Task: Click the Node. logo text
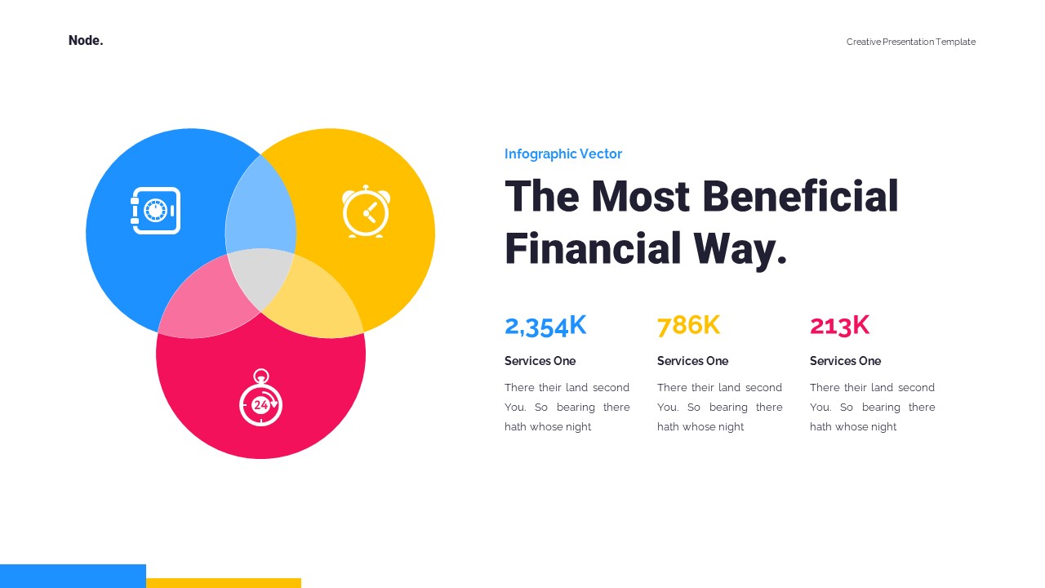click(x=86, y=40)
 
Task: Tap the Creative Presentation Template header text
click(x=910, y=42)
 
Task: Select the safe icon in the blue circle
click(x=155, y=211)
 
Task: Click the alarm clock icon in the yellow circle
click(x=366, y=212)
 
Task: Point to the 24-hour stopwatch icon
click(x=260, y=399)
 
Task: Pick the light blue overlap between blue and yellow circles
click(x=260, y=207)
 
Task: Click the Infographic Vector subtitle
click(x=563, y=154)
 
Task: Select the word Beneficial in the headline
click(x=799, y=197)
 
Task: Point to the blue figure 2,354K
click(x=545, y=325)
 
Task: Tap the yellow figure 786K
click(x=688, y=325)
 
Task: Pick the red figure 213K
click(x=839, y=325)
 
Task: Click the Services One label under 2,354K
click(x=540, y=361)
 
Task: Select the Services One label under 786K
click(x=692, y=361)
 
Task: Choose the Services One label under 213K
click(x=845, y=361)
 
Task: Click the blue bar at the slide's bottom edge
click(x=73, y=576)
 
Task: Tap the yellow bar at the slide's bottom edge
click(x=224, y=582)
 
